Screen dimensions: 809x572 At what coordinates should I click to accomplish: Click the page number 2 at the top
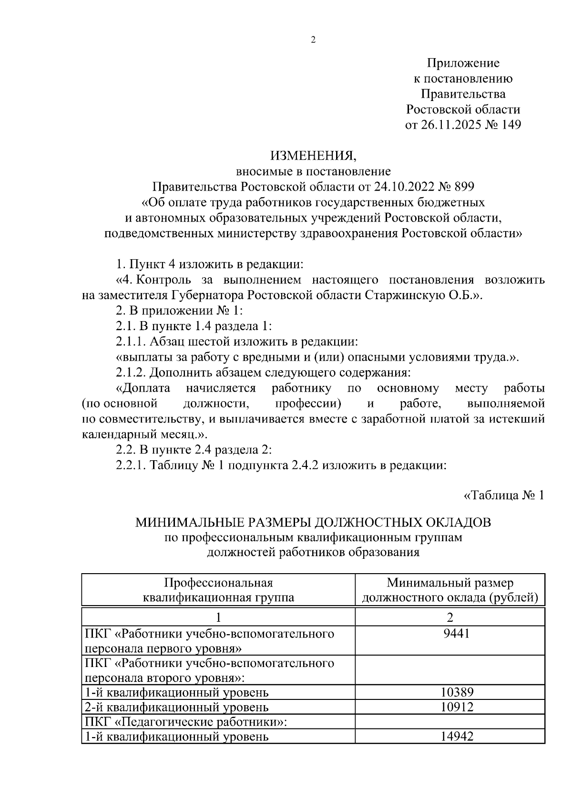tap(313, 40)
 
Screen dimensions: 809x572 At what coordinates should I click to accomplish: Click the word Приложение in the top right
tap(463, 63)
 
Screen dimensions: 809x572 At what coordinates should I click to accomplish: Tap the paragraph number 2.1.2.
tap(131, 372)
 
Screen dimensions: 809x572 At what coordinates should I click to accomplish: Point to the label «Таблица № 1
tap(503, 495)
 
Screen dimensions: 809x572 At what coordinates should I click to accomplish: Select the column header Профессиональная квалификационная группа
tap(218, 590)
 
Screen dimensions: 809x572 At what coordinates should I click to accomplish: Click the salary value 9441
tap(456, 633)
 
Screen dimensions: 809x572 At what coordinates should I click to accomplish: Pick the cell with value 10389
tap(456, 692)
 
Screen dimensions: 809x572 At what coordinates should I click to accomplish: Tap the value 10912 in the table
tap(456, 707)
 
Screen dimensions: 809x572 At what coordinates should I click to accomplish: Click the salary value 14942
tap(456, 736)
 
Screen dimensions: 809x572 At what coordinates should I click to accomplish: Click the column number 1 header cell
tap(218, 618)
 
